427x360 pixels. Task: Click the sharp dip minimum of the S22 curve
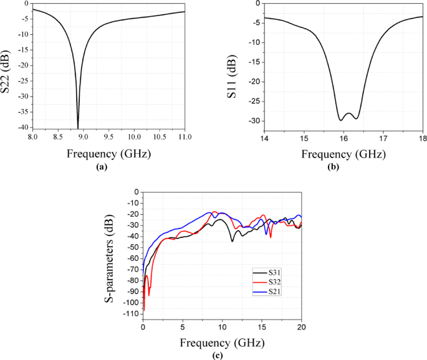click(78, 128)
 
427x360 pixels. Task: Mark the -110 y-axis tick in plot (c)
click(131, 315)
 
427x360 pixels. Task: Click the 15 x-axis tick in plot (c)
click(262, 328)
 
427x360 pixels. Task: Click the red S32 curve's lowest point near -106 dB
click(144, 310)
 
